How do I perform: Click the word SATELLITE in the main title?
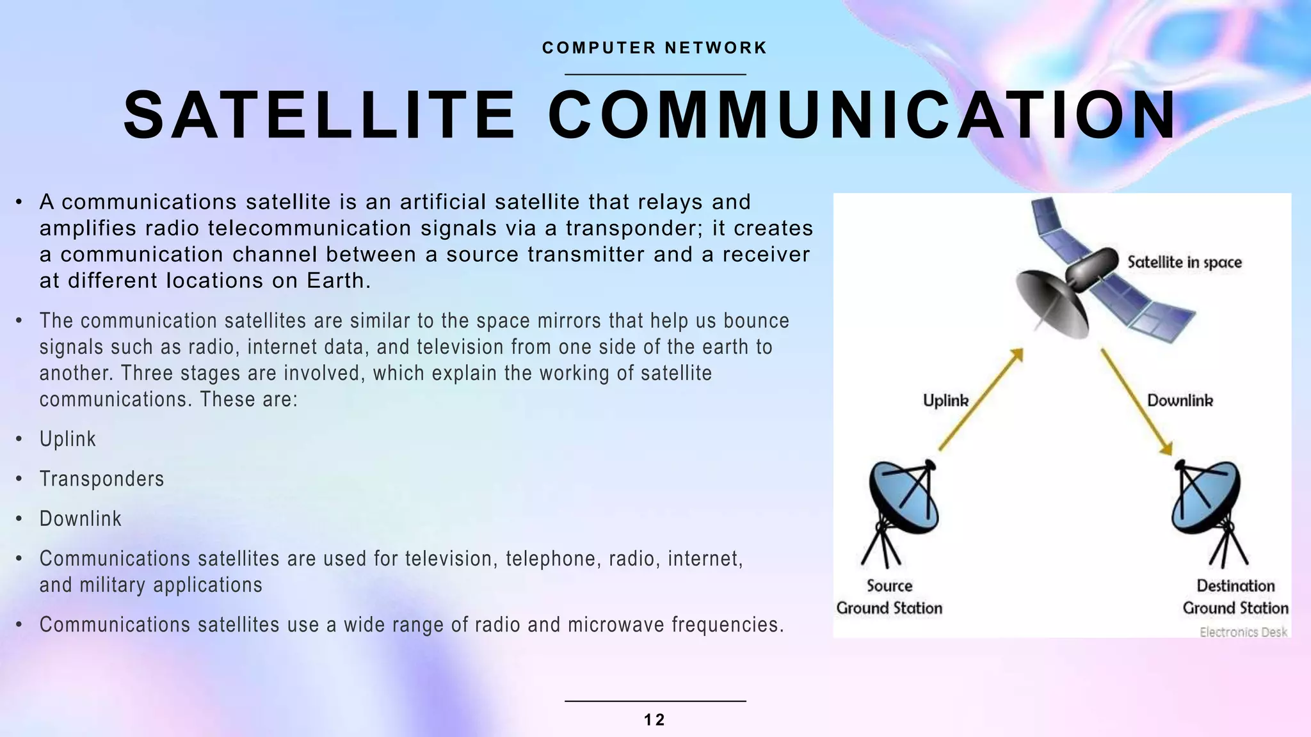[319, 116]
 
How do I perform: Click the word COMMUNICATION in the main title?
[862, 116]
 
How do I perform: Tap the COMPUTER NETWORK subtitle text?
[654, 48]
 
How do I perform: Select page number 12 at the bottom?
[654, 720]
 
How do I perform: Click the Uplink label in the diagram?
[945, 400]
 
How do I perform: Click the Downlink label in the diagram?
[1180, 400]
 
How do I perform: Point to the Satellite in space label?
[1184, 262]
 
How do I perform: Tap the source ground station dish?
[903, 499]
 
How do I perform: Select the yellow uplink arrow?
[980, 400]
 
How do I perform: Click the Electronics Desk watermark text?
[1243, 632]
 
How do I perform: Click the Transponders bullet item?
[102, 479]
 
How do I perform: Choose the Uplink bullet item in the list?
[68, 439]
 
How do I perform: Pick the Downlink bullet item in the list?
[81, 518]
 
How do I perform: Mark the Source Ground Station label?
[889, 597]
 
